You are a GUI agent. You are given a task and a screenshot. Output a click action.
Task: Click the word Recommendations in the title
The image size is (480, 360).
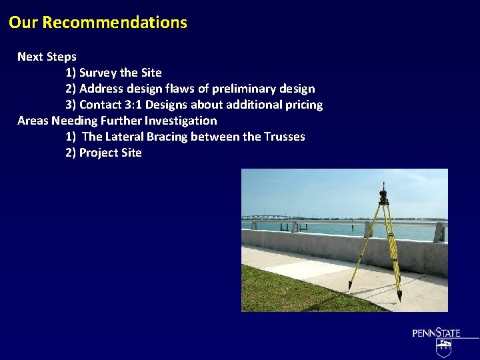point(115,23)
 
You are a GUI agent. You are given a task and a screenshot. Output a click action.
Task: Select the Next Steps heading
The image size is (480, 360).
point(47,57)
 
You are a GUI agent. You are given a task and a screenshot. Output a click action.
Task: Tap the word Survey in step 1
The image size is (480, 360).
point(99,73)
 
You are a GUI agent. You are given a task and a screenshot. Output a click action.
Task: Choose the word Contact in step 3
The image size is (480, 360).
point(99,105)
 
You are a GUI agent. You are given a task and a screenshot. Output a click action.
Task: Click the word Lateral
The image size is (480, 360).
point(128,137)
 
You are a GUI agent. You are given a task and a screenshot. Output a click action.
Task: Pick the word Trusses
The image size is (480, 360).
point(285,137)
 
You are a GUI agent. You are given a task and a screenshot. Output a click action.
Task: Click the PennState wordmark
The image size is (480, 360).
point(436,333)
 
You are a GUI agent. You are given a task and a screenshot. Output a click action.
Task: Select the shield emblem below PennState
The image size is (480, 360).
point(443,347)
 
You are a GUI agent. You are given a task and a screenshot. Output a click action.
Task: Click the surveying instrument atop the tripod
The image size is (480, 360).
point(384,194)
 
